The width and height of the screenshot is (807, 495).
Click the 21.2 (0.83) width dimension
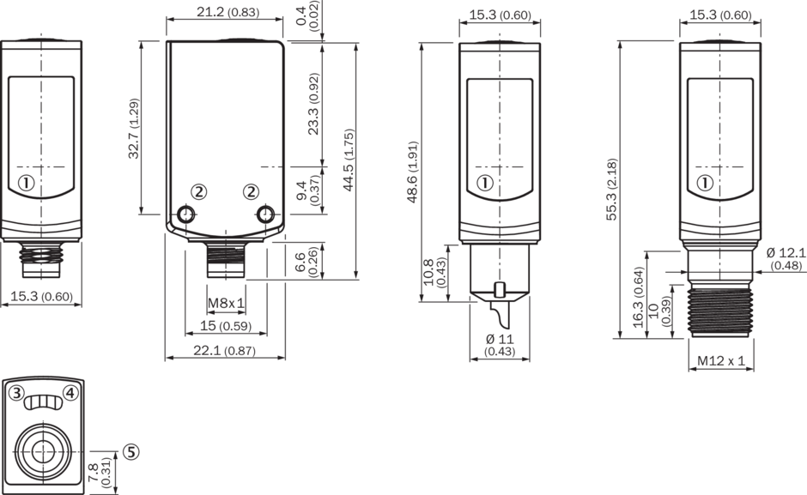[228, 11]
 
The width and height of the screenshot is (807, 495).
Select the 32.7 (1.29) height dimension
[134, 128]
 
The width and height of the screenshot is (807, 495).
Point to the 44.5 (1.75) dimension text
[349, 160]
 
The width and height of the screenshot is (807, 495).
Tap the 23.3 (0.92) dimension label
[313, 104]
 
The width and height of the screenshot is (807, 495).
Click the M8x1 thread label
[226, 304]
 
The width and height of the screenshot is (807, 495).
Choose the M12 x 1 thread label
[721, 360]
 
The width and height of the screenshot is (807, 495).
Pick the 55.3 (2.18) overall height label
[611, 190]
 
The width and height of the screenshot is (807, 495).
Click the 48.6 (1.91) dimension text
[412, 172]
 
